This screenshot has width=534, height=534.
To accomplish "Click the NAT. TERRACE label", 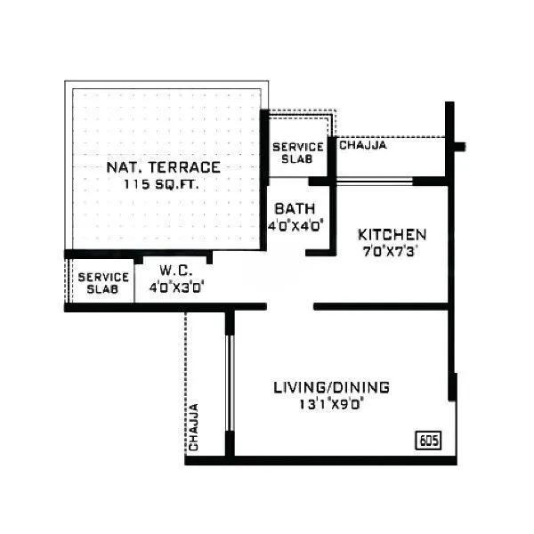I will (x=163, y=167).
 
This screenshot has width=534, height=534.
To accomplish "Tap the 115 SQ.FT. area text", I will (x=163, y=185).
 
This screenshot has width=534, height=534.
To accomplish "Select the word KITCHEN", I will (x=392, y=235).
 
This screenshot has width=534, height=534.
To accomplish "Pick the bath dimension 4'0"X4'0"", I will (x=295, y=227).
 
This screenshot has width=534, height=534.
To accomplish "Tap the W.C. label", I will (x=173, y=270).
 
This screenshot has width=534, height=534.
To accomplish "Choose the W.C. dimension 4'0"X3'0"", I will (x=177, y=287).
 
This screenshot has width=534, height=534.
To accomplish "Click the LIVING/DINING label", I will (x=331, y=387).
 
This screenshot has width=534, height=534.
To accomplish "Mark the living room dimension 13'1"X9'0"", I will (x=331, y=404).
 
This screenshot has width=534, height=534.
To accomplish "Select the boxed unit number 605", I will (x=429, y=440).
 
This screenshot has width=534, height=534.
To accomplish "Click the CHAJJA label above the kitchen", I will (x=362, y=146).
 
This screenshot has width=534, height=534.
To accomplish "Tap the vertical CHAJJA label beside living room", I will (x=193, y=427).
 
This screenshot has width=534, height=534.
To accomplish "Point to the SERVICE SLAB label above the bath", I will (x=297, y=153).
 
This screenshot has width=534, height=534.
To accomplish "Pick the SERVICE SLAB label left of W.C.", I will (x=103, y=283).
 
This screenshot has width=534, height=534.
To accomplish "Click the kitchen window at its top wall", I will (x=374, y=182).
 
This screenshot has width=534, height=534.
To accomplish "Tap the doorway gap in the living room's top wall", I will (x=290, y=307).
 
